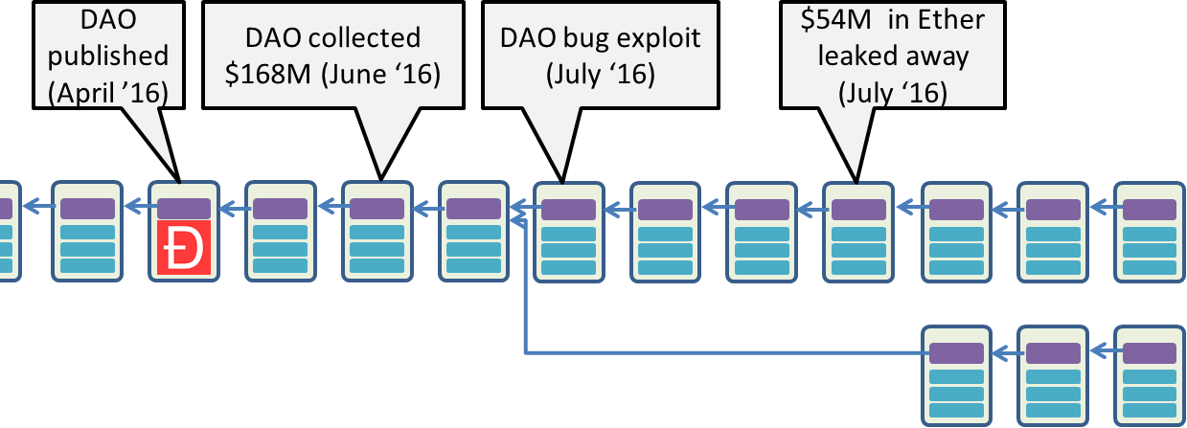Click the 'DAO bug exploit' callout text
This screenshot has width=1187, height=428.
click(601, 39)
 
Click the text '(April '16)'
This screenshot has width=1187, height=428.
click(108, 92)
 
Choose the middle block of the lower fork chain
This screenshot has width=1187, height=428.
click(1051, 375)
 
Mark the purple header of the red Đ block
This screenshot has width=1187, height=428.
click(184, 208)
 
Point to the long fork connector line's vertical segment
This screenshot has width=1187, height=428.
click(526, 287)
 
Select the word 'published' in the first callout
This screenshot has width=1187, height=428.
click(108, 55)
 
